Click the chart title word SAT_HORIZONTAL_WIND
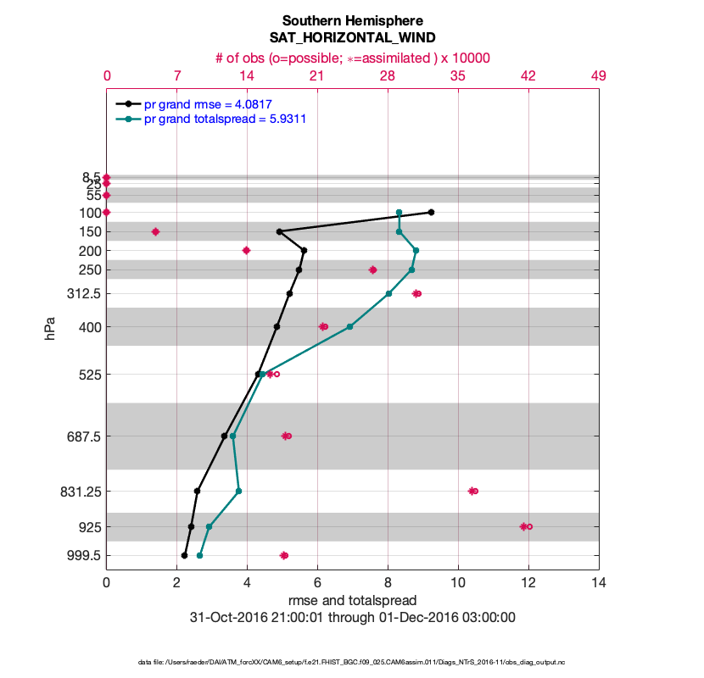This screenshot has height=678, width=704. coord(352,37)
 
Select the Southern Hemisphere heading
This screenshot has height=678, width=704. coord(352,20)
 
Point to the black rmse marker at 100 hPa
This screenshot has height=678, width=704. coord(431,212)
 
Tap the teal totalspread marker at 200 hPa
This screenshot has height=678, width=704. coord(416,250)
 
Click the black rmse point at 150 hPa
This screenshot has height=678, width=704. coord(279,231)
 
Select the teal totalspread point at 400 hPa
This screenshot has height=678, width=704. coord(349,326)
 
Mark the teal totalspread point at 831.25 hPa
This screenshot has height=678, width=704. coord(238,491)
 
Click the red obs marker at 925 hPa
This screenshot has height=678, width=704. coord(525,526)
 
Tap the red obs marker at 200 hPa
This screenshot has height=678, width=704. coord(246,250)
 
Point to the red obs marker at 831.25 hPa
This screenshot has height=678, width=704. coord(473,491)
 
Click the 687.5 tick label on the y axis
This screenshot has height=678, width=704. coord(79,436)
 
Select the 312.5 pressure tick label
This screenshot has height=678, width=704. coord(79,294)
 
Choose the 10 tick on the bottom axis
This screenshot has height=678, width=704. coord(458,583)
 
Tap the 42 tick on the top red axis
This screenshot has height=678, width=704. coord(528,76)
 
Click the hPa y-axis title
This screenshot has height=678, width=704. coord(50,328)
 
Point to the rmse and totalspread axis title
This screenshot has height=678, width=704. coord(352,600)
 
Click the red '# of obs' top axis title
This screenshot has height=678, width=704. coord(352,58)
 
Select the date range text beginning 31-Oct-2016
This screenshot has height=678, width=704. coord(352,617)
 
